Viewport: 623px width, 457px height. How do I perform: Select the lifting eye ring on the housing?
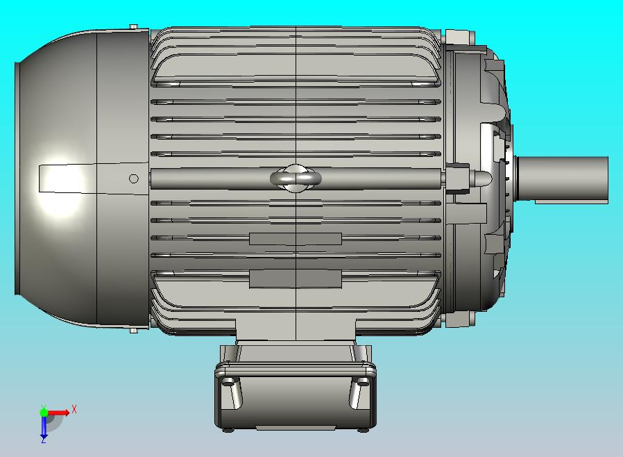coord(296,178)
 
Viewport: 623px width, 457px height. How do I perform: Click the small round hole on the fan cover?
coord(134,179)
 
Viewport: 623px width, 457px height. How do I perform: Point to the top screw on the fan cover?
coord(134,26)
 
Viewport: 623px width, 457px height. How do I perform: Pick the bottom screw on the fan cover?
coord(134,331)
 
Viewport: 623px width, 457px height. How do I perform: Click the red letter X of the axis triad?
coord(74,409)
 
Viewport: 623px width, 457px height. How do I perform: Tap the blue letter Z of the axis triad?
coord(43,440)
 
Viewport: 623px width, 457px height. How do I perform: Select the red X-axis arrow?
coord(58,413)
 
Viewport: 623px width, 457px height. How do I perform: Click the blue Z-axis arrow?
coord(44,426)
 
